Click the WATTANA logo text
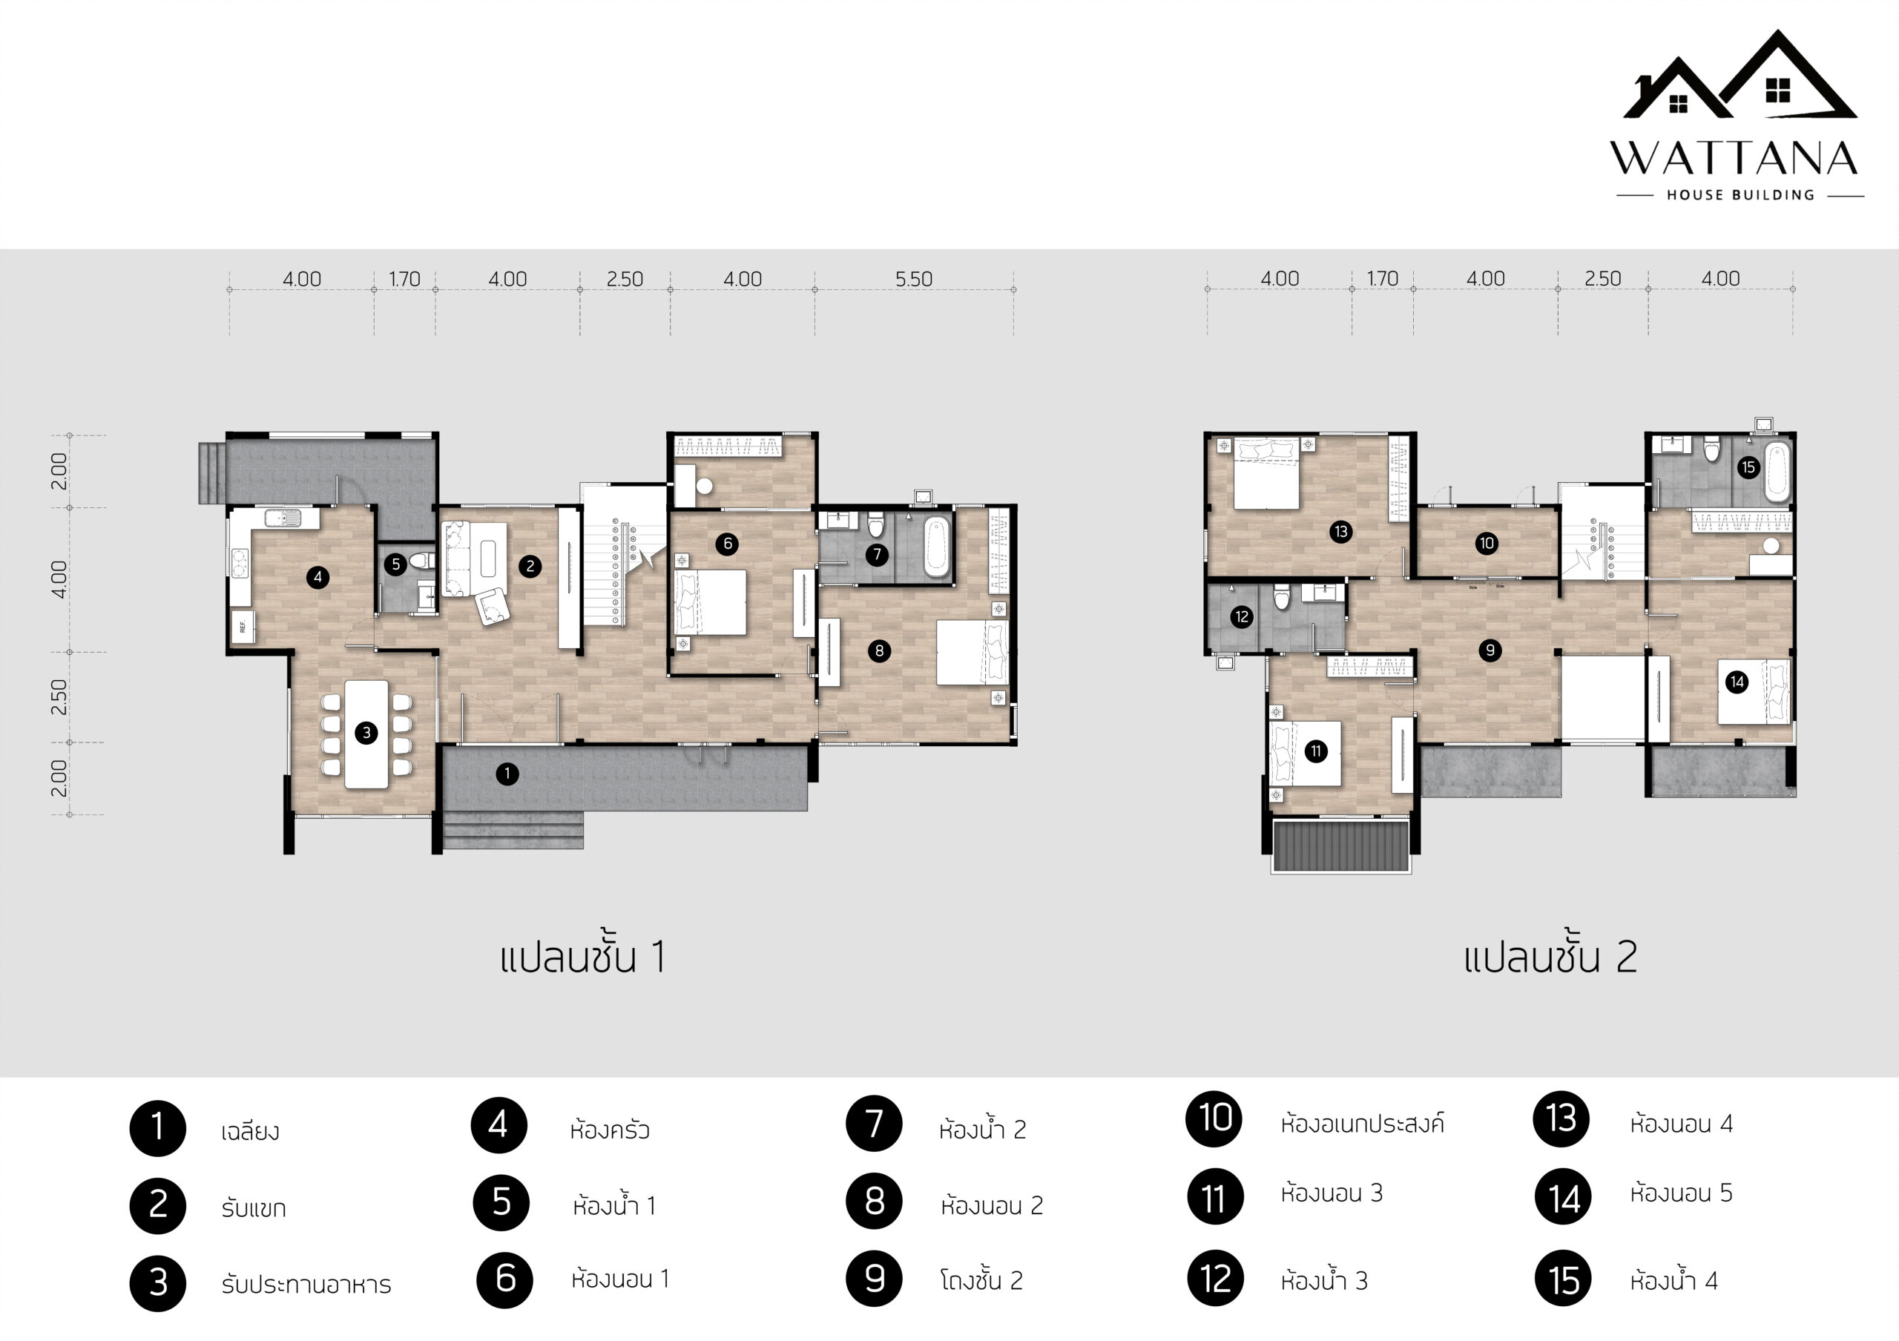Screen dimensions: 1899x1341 pos(1734,159)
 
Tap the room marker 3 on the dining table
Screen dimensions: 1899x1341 pos(366,733)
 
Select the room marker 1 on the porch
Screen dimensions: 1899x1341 pos(507,774)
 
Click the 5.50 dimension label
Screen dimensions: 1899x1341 pos(914,280)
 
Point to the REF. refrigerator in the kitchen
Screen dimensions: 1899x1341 pos(243,626)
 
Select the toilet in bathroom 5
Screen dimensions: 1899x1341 pos(421,561)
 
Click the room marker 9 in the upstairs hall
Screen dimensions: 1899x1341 pos(1490,650)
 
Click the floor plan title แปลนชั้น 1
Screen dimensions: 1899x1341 pos(582,957)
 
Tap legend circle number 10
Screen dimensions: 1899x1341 pos(1214,1118)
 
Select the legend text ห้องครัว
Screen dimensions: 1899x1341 pos(610,1130)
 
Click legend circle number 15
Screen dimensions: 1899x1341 pos(1563,1280)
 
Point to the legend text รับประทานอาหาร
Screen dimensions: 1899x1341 pos(306,1285)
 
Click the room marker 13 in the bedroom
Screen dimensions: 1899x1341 pos(1340,532)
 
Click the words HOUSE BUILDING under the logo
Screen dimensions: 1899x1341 pos(1740,195)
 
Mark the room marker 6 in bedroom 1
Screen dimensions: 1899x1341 pos(727,543)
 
